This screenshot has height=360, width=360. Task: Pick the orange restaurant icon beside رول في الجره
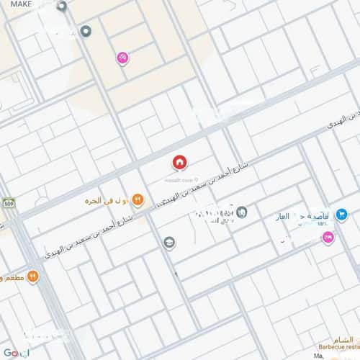138,201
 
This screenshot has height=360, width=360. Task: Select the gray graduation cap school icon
169,242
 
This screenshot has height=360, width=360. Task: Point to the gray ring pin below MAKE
85,30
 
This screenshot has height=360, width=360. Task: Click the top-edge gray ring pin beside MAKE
63,6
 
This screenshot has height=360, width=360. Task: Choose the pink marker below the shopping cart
328,236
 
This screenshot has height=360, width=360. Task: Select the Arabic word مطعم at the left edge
11,277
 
